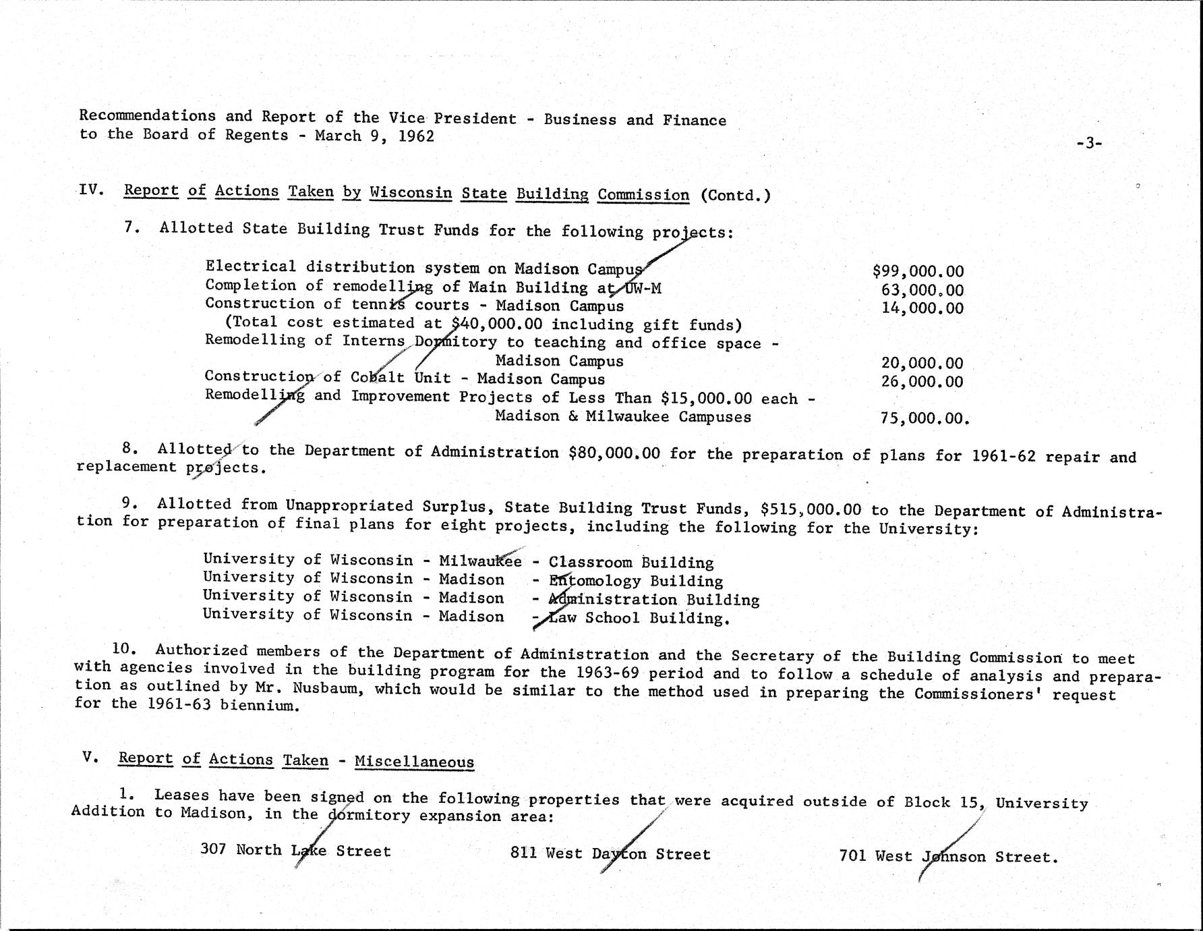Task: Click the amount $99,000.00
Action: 918,271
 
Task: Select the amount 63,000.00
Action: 922,290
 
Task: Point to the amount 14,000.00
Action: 922,308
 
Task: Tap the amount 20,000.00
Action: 922,364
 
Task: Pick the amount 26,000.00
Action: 922,381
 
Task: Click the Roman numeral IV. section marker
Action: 91,190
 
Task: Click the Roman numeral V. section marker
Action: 91,757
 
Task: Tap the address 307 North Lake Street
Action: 295,850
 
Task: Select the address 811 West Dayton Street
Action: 610,854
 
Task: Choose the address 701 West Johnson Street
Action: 947,857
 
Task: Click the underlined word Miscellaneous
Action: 414,762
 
